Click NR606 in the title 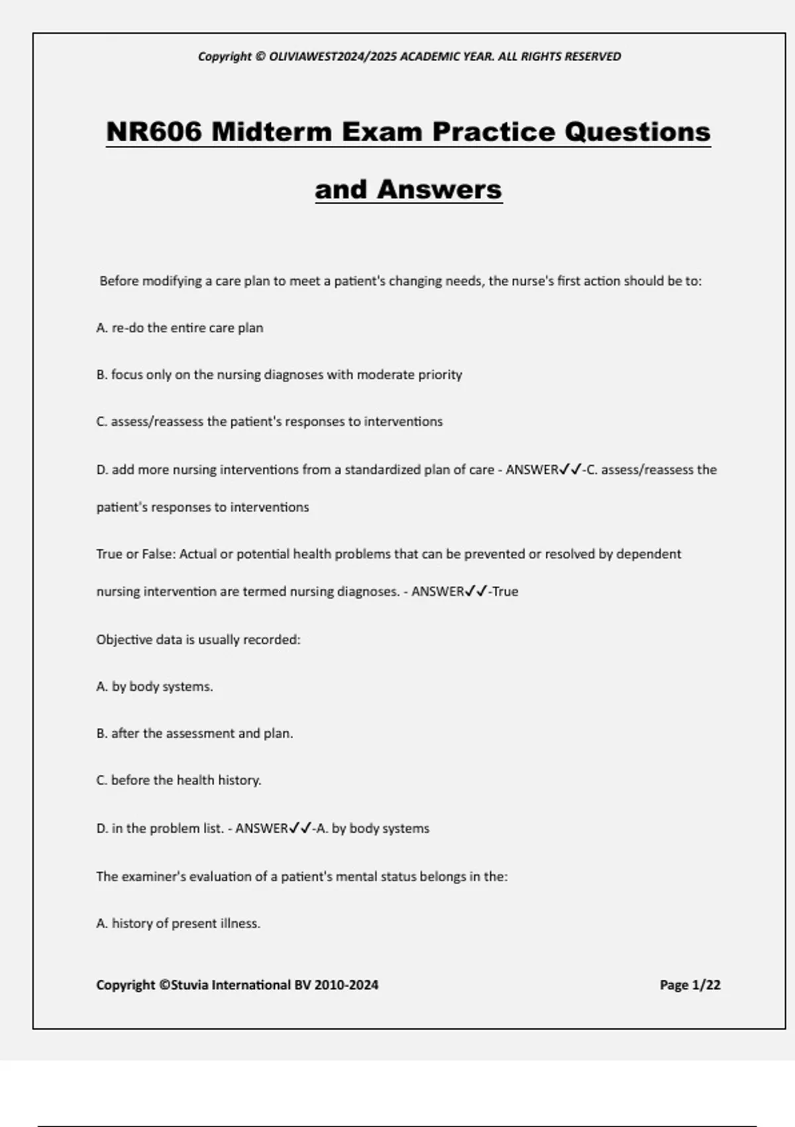[154, 132]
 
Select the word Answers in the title [439, 190]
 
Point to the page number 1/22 [706, 985]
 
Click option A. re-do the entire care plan [180, 328]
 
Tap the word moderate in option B [386, 375]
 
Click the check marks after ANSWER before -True [476, 591]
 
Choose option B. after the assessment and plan [195, 734]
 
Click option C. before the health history [179, 780]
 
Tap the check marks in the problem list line [300, 829]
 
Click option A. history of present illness [178, 923]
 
